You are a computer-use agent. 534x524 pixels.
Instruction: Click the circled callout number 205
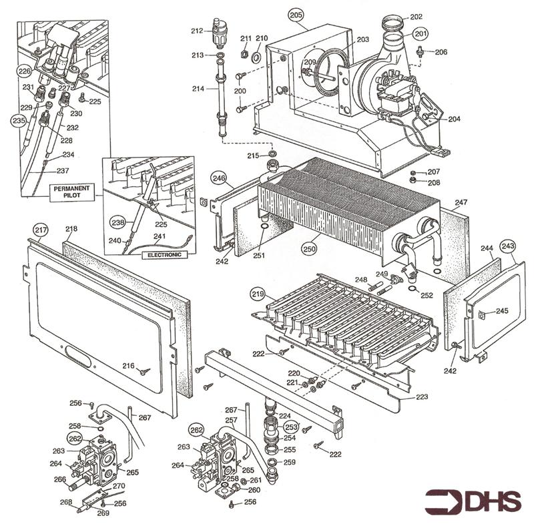(x=296, y=14)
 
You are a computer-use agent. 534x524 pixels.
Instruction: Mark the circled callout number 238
(x=118, y=222)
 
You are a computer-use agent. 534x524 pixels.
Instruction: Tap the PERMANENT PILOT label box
(x=73, y=192)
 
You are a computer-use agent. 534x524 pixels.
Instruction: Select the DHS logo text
(x=474, y=501)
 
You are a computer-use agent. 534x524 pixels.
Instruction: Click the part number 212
(x=196, y=31)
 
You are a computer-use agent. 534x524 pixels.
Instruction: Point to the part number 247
(x=461, y=201)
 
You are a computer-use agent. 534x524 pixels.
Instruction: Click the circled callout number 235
(x=18, y=121)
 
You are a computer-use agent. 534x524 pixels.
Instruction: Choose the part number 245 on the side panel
(x=502, y=310)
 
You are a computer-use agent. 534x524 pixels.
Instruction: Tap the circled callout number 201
(x=420, y=33)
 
